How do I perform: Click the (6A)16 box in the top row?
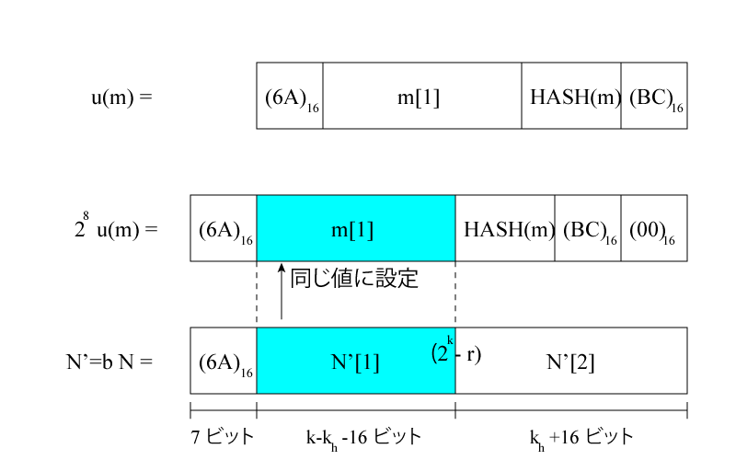tap(290, 96)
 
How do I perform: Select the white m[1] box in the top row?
tap(421, 96)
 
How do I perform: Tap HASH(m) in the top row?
tap(571, 96)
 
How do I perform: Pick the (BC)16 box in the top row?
tap(653, 96)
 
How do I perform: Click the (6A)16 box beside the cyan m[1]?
tap(224, 228)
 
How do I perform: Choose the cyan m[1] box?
tap(355, 228)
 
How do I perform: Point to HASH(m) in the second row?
tap(505, 228)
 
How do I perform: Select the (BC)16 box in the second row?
tap(587, 228)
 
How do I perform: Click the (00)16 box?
tap(653, 228)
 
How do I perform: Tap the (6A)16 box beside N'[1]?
tap(224, 361)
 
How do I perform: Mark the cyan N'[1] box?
tap(355, 361)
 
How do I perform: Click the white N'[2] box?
tap(570, 361)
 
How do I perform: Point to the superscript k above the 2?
tap(451, 341)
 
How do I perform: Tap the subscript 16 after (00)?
tap(669, 240)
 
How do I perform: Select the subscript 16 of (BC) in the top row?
tap(677, 108)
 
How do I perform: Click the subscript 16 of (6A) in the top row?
tap(314, 108)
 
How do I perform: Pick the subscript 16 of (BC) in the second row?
tap(611, 240)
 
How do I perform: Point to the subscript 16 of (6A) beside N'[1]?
tap(247, 373)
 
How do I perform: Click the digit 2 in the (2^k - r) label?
tap(443, 353)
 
